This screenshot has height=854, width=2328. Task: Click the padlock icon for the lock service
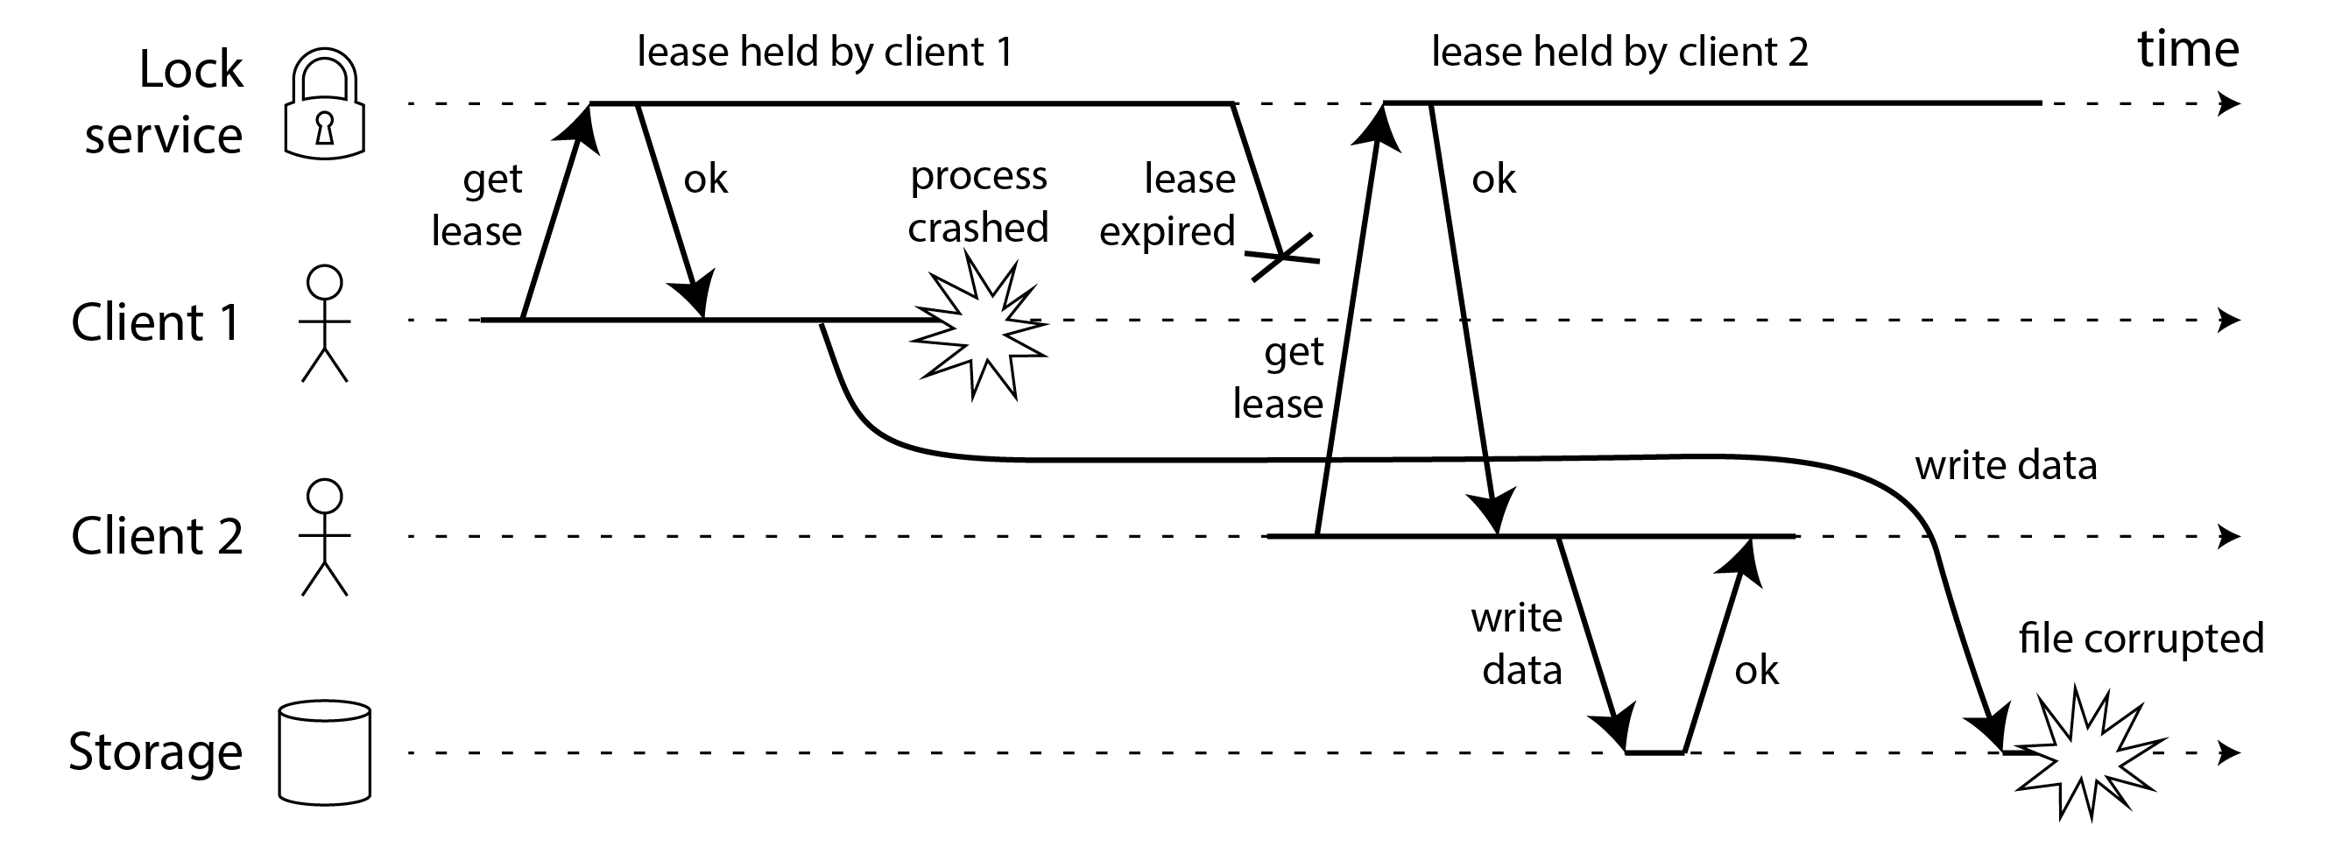324,105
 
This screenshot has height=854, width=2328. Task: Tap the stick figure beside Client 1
324,322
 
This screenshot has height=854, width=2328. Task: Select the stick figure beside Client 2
324,537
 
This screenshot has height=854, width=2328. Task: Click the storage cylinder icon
324,752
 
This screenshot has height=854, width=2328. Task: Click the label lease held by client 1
824,52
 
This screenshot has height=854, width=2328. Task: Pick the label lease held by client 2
1619,52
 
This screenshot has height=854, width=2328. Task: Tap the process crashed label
977,201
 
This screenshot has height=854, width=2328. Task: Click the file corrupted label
2141,639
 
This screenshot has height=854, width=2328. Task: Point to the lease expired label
1168,204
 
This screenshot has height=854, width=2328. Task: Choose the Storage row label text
155,752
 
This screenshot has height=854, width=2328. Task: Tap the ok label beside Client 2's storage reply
1756,671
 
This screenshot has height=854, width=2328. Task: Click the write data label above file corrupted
2006,466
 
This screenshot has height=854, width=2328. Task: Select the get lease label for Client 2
1279,378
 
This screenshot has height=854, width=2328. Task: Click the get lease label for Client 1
477,205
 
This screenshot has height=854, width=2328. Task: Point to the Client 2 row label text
158,537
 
